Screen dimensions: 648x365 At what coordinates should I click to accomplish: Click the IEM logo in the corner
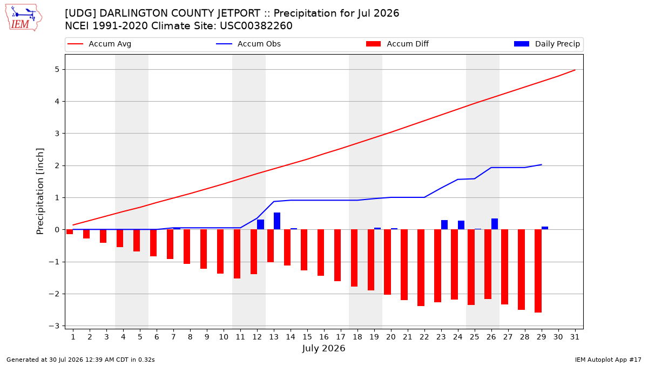[24, 18]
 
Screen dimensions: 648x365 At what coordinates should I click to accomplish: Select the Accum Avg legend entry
[99, 44]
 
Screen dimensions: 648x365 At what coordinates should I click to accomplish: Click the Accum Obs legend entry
[248, 44]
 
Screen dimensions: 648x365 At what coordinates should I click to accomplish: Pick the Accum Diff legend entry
[397, 44]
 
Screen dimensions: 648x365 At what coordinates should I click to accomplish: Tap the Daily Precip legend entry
[546, 44]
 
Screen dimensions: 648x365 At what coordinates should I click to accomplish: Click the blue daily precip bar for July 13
[277, 221]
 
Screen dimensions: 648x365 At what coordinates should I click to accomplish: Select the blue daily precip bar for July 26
[495, 224]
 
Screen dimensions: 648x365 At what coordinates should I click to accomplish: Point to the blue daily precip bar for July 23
[444, 225]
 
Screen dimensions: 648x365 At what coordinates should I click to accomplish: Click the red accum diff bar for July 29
[538, 271]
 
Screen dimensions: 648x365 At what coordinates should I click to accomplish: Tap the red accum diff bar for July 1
[70, 232]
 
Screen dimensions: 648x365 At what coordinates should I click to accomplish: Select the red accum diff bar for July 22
[421, 268]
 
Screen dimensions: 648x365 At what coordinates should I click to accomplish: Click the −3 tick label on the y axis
[54, 326]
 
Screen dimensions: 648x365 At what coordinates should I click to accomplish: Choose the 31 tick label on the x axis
[575, 337]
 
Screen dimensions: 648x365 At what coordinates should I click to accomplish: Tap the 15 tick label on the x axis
[307, 337]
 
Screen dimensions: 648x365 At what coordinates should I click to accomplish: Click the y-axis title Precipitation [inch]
[40, 191]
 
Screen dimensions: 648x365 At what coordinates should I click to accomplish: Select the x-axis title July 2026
[323, 348]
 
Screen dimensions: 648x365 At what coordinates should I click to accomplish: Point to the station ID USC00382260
[256, 26]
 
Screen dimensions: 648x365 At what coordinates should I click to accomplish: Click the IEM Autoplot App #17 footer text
[608, 360]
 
